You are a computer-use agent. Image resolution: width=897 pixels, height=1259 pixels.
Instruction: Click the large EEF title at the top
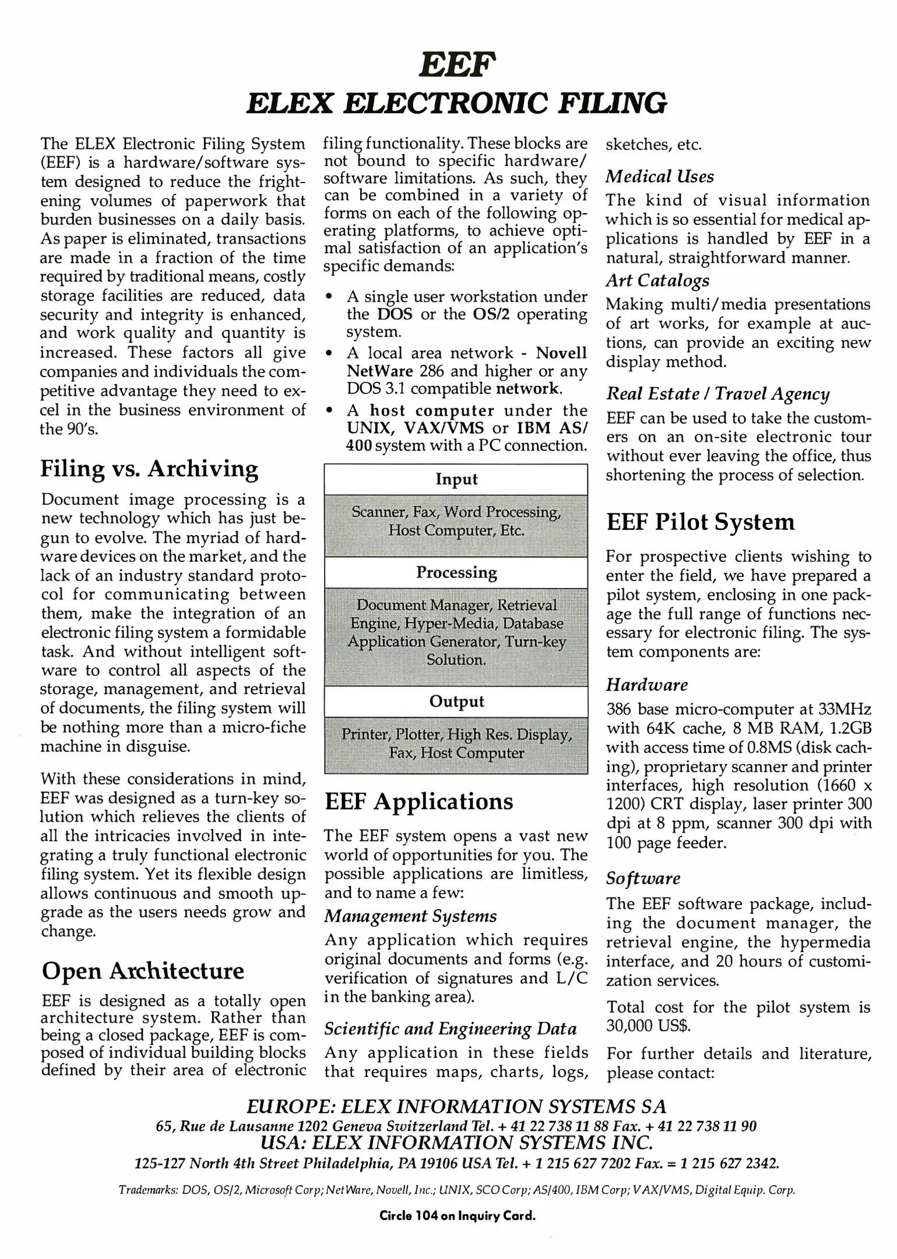tap(458, 66)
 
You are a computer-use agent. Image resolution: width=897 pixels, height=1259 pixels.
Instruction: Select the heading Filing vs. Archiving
tap(149, 469)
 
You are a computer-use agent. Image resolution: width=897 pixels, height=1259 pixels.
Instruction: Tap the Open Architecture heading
tap(143, 971)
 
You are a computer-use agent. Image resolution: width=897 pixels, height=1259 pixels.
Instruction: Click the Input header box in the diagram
tap(456, 479)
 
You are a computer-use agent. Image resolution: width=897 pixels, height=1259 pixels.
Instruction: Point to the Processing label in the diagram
tap(456, 572)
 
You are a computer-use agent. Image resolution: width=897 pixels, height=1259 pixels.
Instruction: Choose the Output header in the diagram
tap(456, 701)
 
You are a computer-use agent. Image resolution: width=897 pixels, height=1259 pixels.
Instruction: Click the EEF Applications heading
tap(418, 801)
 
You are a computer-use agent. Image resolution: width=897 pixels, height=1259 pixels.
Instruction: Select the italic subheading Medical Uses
tap(659, 177)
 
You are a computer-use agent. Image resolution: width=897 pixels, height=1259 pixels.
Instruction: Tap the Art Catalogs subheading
tap(657, 280)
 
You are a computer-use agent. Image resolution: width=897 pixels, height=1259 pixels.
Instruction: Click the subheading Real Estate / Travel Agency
tap(717, 394)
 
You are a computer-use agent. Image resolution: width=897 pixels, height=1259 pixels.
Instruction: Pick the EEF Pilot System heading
tap(700, 522)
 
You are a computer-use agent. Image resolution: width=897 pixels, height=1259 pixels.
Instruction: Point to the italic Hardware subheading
tap(647, 684)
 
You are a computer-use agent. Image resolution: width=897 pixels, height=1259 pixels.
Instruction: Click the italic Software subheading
tap(643, 878)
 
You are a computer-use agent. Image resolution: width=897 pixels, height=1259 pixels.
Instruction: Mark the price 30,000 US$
tap(648, 1026)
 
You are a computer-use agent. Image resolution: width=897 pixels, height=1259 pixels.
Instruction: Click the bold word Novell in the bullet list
tap(561, 353)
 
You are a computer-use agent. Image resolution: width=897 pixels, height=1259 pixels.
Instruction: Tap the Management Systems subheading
tap(410, 916)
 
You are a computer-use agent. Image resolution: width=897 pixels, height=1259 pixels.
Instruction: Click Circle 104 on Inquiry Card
tap(457, 1216)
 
